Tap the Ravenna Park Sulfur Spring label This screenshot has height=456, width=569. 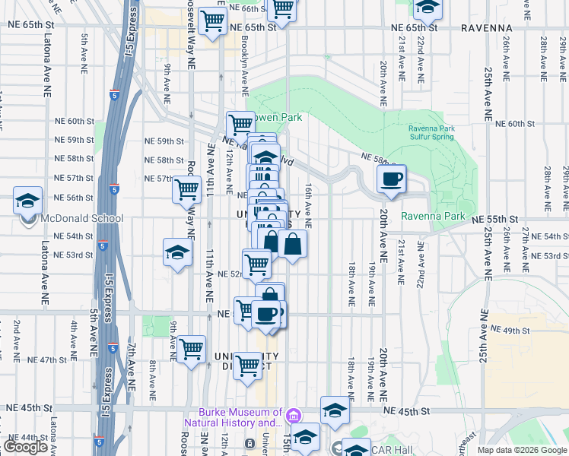431,133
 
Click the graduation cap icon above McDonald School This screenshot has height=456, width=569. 27,201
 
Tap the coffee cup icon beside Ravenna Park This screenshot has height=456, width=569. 392,179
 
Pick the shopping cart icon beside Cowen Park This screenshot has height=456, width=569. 240,122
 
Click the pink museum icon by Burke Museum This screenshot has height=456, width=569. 293,416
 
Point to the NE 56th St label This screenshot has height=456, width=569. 74,198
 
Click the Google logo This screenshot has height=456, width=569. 25,446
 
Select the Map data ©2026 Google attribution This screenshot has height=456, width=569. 521,450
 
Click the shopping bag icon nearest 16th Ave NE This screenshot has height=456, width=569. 292,245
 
